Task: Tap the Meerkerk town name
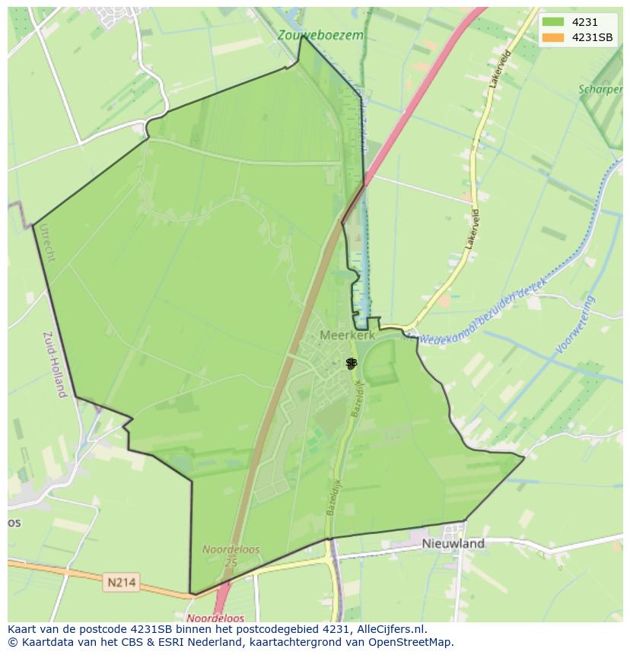point(348,335)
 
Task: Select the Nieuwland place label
point(453,544)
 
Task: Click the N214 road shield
point(121,583)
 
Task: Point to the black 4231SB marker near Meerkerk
point(351,364)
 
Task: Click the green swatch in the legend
point(554,22)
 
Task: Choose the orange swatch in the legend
point(554,37)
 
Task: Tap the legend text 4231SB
point(593,37)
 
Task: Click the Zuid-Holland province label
point(53,364)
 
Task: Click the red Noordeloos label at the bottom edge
point(215,618)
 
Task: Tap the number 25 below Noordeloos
point(231,561)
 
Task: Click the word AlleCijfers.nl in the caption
point(389,629)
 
